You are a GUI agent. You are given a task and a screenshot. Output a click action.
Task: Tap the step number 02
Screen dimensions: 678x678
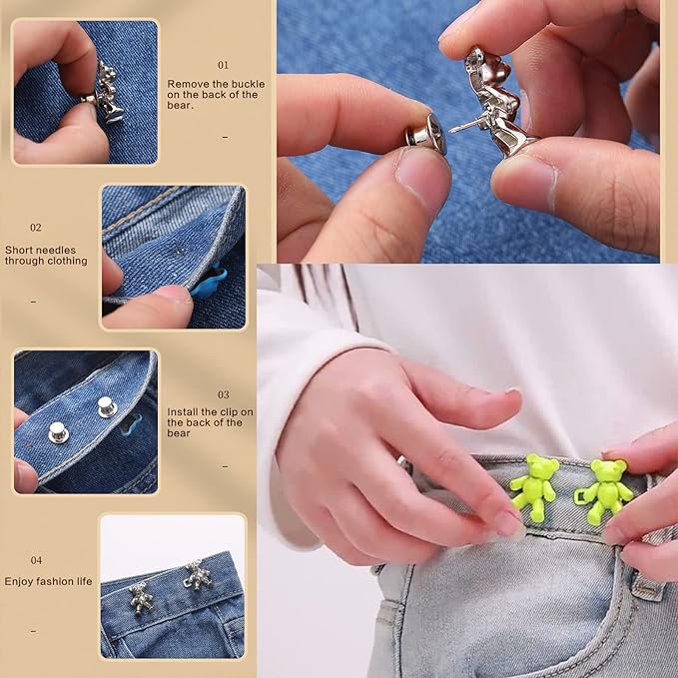point(36,228)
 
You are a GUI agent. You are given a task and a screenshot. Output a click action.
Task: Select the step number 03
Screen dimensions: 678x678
point(223,394)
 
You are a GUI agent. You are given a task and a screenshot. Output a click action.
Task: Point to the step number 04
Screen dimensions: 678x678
point(36,560)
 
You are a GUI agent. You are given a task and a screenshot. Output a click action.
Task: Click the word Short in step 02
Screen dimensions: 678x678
point(20,250)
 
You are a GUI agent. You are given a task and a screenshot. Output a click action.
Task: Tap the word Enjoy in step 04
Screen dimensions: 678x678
point(19,580)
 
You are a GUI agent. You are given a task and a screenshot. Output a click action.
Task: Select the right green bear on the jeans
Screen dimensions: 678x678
point(606,489)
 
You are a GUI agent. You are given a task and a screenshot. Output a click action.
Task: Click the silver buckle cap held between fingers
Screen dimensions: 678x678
point(425,134)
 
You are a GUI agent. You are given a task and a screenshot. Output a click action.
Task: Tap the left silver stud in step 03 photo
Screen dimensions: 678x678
point(59,431)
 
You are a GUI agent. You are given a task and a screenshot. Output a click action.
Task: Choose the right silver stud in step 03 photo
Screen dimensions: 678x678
point(105,405)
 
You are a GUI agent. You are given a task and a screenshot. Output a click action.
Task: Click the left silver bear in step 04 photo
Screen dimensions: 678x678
point(143,595)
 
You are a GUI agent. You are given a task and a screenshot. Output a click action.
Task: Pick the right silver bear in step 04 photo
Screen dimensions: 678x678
point(193,575)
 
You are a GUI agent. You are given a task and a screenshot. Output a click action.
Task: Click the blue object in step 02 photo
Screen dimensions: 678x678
point(206,286)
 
